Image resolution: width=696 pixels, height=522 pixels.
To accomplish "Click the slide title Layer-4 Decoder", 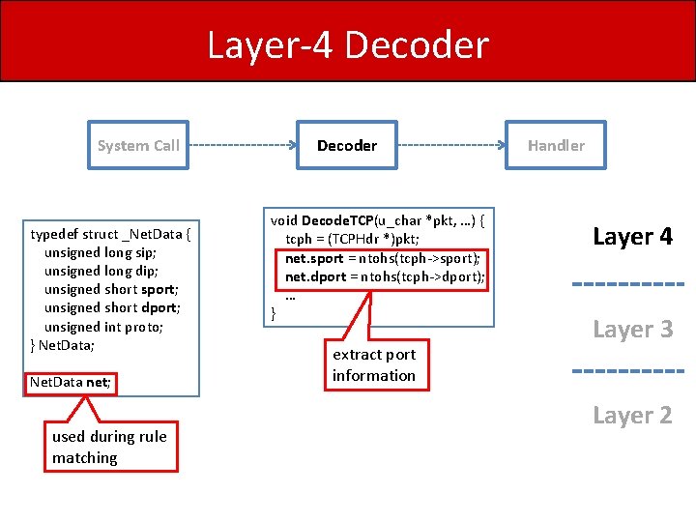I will [348, 45].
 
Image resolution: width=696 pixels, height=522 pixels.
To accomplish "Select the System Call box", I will [138, 146].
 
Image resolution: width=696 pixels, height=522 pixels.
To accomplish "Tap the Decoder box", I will [347, 146].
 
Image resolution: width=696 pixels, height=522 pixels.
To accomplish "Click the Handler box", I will [556, 146].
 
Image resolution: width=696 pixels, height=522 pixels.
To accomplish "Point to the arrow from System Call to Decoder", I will [243, 146].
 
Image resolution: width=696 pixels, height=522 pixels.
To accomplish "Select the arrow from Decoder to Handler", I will [451, 146].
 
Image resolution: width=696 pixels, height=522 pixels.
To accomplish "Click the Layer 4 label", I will [632, 237].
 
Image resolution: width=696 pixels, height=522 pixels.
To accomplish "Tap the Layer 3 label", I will [632, 329].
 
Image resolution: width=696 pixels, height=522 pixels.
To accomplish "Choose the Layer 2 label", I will [632, 416].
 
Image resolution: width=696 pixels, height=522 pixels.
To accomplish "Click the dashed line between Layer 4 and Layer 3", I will [628, 284].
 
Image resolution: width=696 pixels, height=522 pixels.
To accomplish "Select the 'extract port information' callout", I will [374, 365].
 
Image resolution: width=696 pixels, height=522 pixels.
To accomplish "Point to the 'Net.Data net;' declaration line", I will [71, 383].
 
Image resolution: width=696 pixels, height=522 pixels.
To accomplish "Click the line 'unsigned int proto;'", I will [103, 327].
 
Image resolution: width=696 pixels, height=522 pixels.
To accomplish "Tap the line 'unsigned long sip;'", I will [101, 252].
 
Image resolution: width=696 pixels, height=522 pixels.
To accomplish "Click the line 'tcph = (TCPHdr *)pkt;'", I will [352, 239].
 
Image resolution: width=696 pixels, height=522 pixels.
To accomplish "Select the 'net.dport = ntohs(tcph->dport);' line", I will [383, 277].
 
